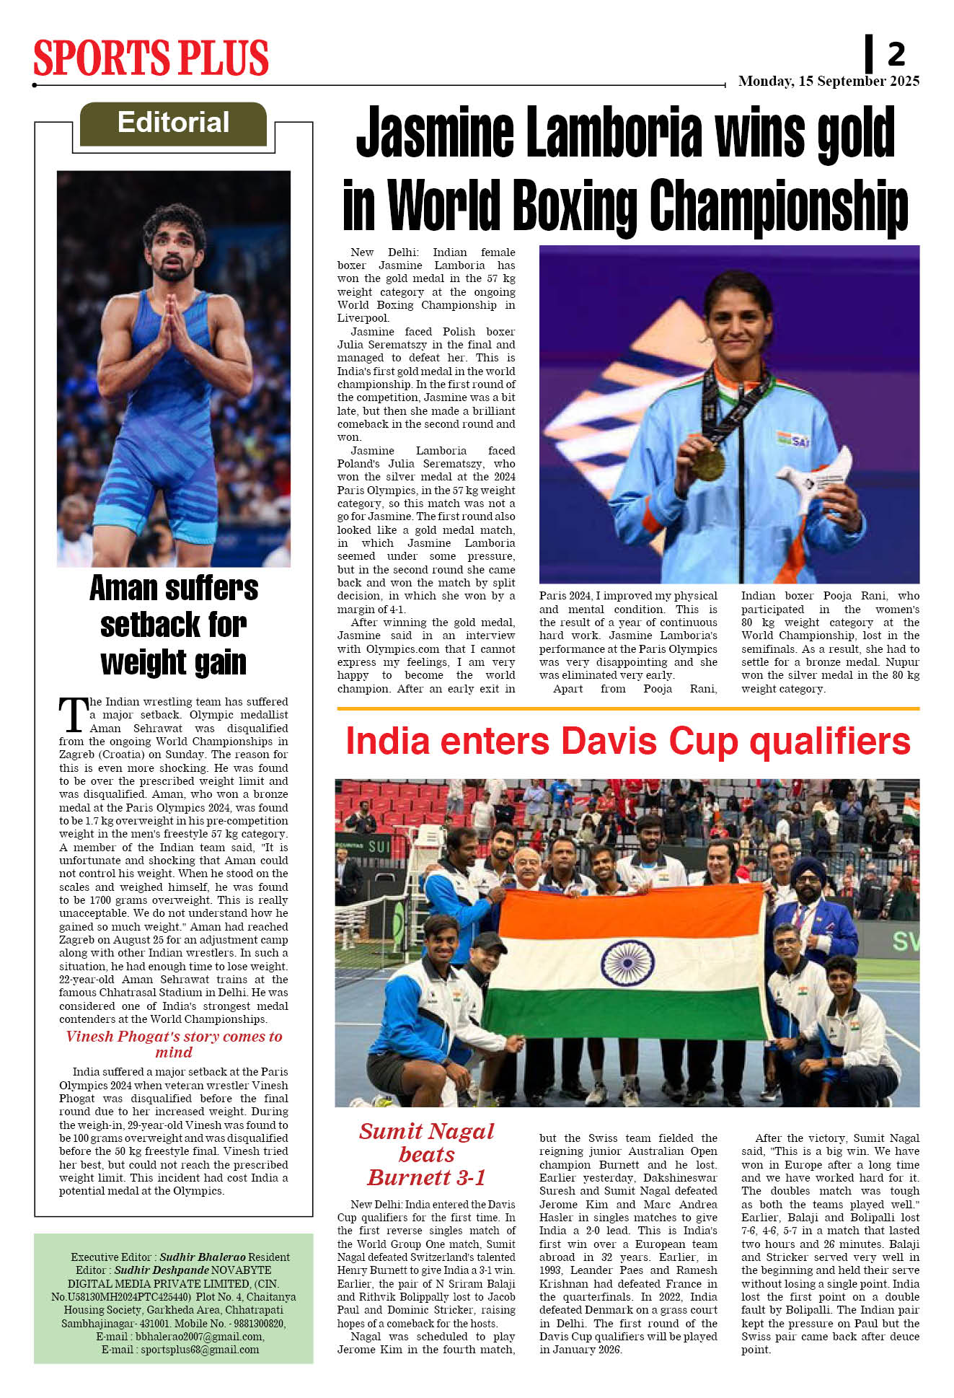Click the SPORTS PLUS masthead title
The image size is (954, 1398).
(x=151, y=58)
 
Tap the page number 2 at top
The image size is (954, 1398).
(x=896, y=54)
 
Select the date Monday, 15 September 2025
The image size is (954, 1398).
(x=829, y=82)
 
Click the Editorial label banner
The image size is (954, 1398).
(x=173, y=123)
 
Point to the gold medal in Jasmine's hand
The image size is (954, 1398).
(x=708, y=464)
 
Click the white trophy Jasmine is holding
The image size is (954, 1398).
(x=816, y=476)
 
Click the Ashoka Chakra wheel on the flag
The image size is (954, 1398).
(x=627, y=963)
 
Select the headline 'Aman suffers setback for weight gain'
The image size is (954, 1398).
(x=174, y=625)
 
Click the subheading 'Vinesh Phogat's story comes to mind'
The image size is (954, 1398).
(x=174, y=1044)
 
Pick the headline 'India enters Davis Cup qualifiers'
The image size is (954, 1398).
(x=627, y=742)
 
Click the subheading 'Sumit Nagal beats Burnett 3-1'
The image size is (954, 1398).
(x=426, y=1154)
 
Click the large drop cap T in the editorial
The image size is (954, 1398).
(x=73, y=714)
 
